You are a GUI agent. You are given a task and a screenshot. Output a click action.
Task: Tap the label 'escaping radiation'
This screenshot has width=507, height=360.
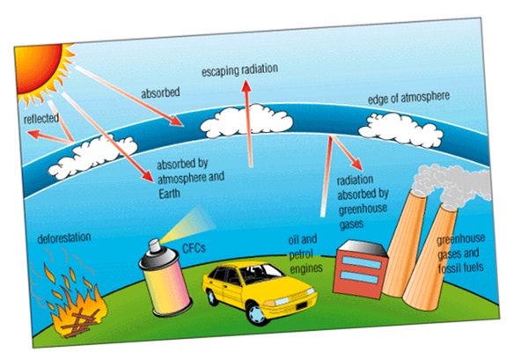click(x=240, y=70)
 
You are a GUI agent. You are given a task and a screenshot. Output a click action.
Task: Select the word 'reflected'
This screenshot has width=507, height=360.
click(x=41, y=118)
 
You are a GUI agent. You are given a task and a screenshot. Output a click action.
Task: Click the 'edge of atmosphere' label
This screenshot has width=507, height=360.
click(x=408, y=98)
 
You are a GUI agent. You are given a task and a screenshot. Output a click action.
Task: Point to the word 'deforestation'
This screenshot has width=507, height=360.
click(x=64, y=238)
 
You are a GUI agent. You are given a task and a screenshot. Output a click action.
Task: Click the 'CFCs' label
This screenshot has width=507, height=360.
click(x=194, y=248)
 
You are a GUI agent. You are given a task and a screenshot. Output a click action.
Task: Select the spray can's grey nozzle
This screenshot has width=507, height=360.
click(x=154, y=246)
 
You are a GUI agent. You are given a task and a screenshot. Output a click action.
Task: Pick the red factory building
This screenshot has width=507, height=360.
click(x=361, y=269)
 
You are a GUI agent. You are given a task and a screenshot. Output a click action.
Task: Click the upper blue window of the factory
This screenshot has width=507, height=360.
click(x=362, y=262)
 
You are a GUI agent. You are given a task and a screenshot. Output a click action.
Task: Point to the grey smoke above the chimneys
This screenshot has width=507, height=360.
click(x=452, y=184)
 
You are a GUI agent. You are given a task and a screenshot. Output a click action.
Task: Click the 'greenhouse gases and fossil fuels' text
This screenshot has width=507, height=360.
click(x=461, y=253)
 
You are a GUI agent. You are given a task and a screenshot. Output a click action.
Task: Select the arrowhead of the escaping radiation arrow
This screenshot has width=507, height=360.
click(x=246, y=85)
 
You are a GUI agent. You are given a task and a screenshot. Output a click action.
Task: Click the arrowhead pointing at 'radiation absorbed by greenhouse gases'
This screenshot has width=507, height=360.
click(x=357, y=164)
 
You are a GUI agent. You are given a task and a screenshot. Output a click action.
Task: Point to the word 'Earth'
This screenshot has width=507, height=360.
click(x=169, y=194)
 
